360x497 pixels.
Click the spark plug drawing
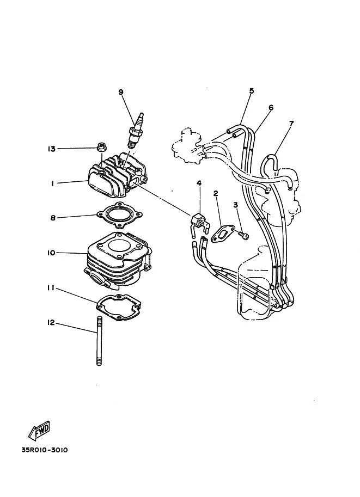click(136, 130)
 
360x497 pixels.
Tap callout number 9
click(121, 92)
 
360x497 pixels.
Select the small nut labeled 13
click(102, 147)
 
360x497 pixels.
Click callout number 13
click(51, 149)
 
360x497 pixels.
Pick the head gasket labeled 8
click(119, 215)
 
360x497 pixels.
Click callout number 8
click(53, 218)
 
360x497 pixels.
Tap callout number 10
click(51, 253)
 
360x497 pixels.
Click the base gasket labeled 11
click(119, 307)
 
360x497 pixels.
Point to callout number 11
click(51, 288)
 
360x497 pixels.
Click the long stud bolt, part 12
click(99, 341)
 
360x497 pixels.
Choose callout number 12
click(51, 323)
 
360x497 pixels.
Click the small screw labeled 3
click(244, 235)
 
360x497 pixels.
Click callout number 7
click(291, 123)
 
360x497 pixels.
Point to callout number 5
click(252, 91)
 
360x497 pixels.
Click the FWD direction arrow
click(40, 431)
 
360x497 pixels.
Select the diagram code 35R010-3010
click(45, 450)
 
